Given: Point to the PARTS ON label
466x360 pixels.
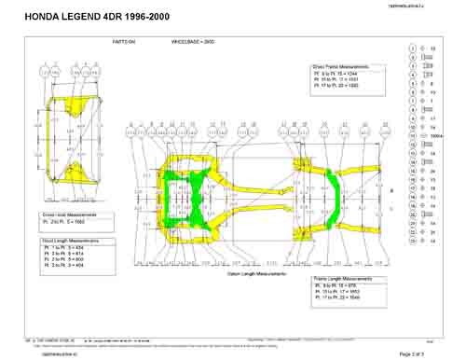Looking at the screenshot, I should point(124,43).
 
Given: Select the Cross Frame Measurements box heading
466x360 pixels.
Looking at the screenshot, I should point(341,67).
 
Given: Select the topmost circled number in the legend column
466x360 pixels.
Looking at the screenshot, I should point(412,47).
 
